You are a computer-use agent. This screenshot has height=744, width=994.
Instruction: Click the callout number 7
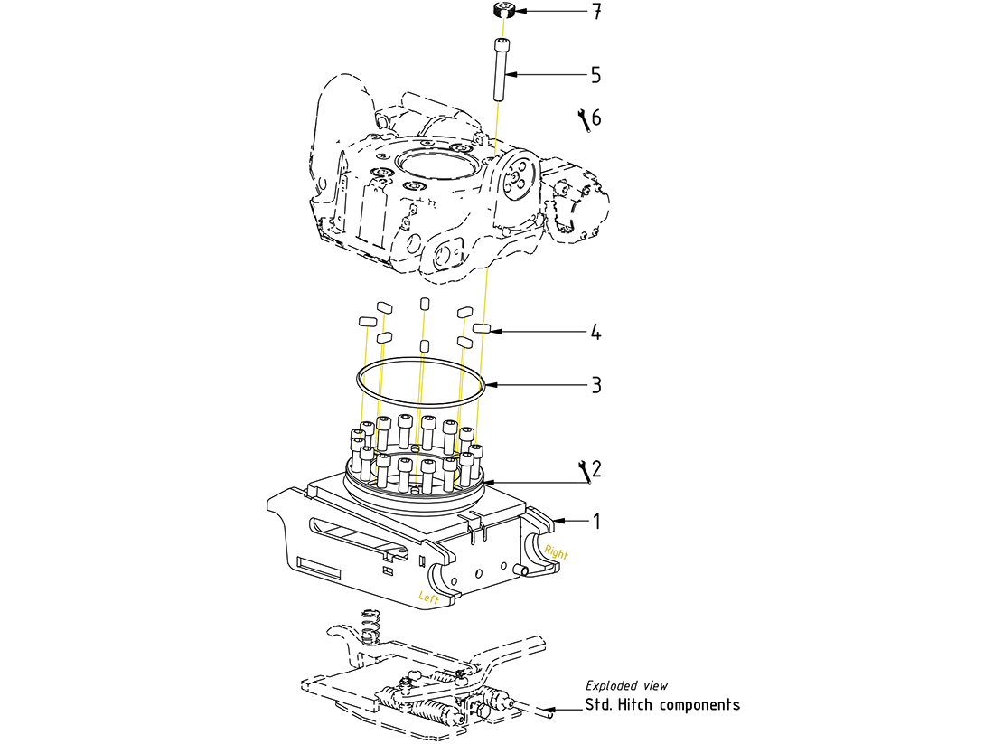point(596,12)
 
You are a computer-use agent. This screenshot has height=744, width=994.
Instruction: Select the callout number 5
point(595,73)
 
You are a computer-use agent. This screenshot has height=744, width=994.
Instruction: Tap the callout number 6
point(596,118)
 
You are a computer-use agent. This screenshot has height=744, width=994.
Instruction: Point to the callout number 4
point(595,333)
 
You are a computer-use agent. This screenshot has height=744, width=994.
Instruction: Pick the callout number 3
point(595,385)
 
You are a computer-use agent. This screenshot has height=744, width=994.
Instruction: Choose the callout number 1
point(595,521)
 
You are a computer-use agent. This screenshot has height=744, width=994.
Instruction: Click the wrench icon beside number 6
point(583,118)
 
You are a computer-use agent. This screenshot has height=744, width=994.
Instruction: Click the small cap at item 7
point(505,11)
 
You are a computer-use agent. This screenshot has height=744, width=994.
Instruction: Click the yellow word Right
point(557,551)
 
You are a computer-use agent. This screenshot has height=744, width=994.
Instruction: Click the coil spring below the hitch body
point(369,625)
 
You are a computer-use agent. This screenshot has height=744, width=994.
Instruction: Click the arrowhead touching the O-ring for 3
point(489,385)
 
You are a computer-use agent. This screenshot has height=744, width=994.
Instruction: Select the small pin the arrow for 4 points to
point(480,328)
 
